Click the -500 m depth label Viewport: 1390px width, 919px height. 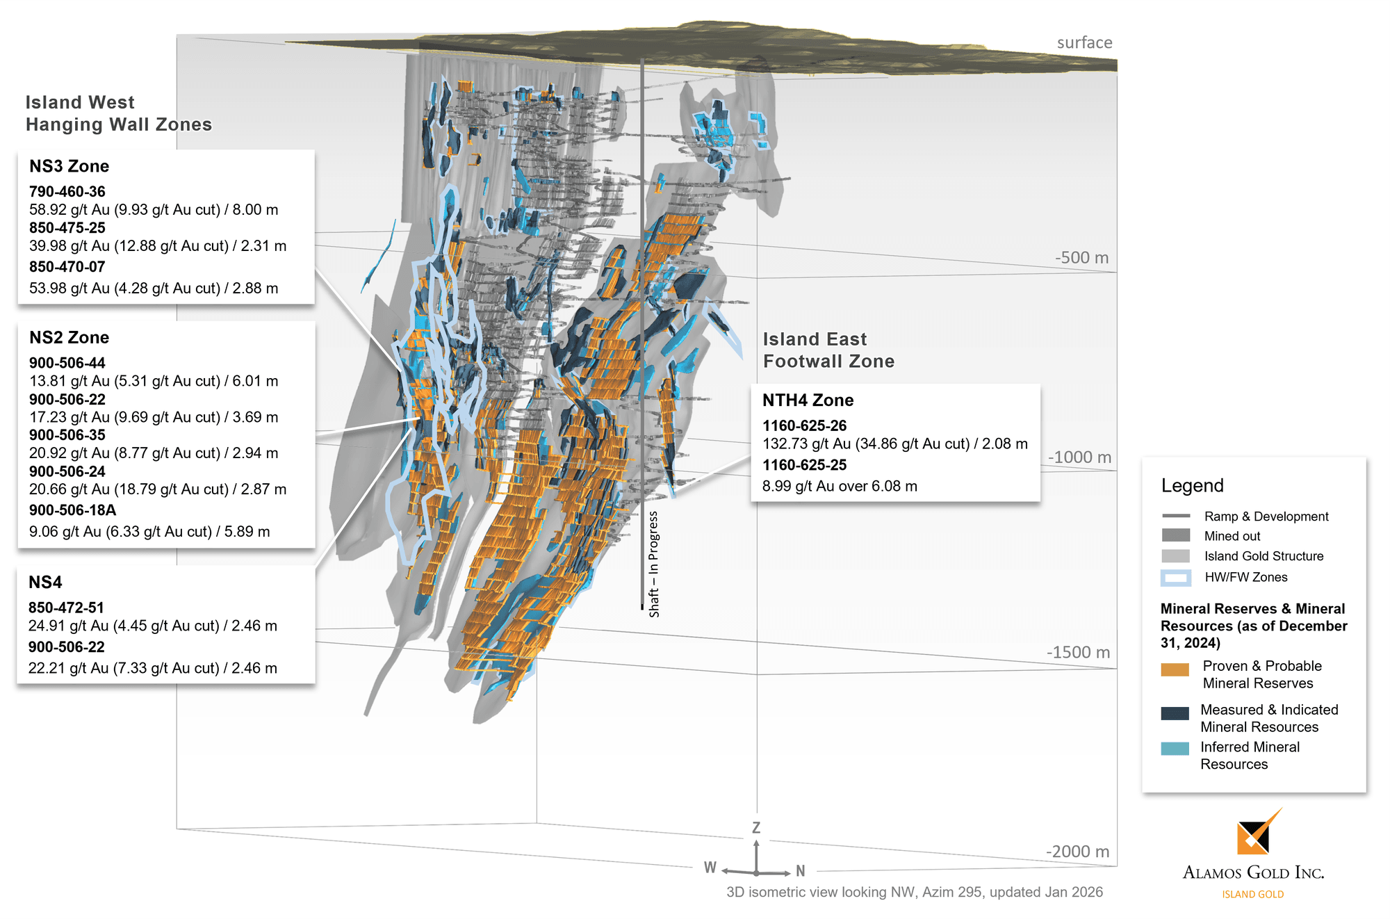click(1081, 258)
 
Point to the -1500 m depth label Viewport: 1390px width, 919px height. click(1078, 653)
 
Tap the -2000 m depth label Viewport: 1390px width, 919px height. click(1077, 852)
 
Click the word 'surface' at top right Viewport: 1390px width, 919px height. click(1084, 43)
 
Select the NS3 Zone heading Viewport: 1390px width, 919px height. click(69, 167)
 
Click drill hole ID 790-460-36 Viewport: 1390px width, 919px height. click(67, 192)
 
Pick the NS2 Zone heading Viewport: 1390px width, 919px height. click(69, 338)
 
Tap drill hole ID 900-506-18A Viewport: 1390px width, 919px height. click(72, 510)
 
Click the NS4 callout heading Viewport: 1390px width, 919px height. click(45, 583)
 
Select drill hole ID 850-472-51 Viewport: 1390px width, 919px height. click(66, 608)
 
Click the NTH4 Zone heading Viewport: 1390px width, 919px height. click(808, 400)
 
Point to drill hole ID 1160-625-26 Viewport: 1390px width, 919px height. click(804, 425)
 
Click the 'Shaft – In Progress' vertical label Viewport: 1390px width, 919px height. click(653, 564)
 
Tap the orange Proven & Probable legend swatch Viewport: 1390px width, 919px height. click(1175, 670)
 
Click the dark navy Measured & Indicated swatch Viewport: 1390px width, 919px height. click(1175, 713)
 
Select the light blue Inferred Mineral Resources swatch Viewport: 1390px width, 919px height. click(1175, 749)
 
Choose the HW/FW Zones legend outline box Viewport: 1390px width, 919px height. click(1175, 578)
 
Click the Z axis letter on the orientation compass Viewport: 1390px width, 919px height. click(756, 828)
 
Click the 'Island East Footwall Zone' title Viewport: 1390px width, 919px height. click(828, 350)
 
